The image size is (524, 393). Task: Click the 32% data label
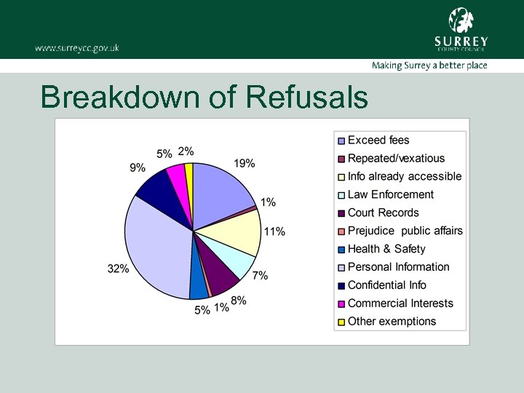coord(118,269)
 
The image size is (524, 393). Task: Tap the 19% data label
coord(244,164)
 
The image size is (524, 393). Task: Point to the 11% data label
coord(274,232)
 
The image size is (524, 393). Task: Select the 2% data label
coord(186,151)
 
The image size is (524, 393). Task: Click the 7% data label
coord(260,276)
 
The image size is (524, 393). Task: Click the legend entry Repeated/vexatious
coord(396,159)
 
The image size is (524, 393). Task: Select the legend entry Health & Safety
coord(386,249)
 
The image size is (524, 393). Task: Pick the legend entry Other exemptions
coord(392,322)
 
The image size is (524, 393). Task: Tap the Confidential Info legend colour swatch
coord(340,286)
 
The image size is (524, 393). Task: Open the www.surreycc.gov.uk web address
coord(76,48)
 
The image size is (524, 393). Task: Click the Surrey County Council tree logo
coord(461,20)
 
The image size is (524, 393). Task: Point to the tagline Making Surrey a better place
coord(429,65)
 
